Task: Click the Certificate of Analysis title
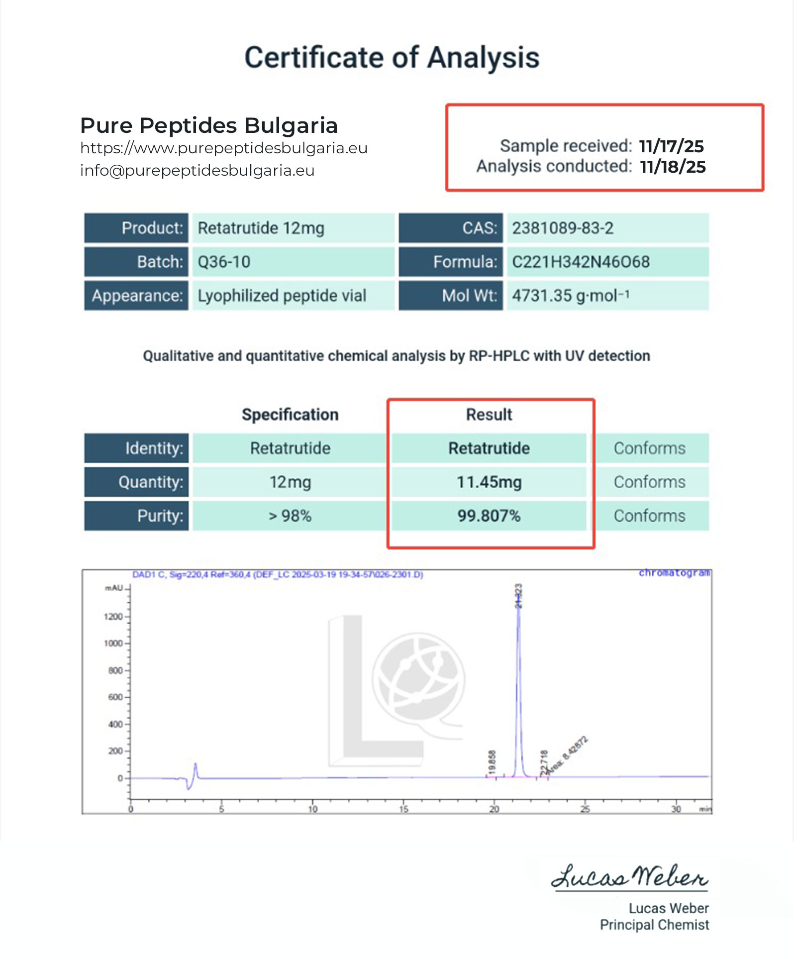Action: (392, 58)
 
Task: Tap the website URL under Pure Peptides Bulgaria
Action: (223, 148)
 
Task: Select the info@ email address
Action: (197, 170)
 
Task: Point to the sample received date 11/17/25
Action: (671, 146)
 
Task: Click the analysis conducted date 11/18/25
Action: (673, 167)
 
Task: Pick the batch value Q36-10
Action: (224, 262)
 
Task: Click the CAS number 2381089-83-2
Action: (563, 228)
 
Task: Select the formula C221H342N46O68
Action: (581, 262)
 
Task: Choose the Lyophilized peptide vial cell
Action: (282, 296)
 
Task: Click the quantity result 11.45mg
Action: (489, 482)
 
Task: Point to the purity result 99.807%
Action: (489, 516)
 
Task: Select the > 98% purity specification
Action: (290, 516)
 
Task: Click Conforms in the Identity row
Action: (649, 448)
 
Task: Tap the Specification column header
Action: (290, 415)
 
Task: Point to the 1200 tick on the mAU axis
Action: (113, 617)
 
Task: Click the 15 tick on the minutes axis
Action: (403, 809)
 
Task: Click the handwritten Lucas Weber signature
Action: (630, 877)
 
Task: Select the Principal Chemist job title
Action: (654, 925)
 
